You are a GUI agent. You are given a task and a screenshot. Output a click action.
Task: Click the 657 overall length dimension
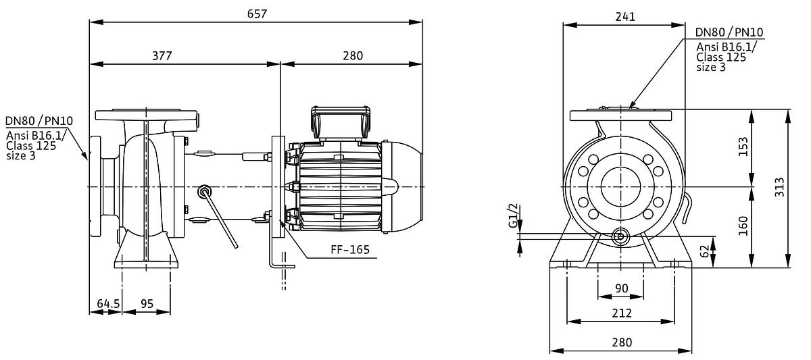coord(257,14)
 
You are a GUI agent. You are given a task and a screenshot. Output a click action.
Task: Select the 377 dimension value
coord(162,55)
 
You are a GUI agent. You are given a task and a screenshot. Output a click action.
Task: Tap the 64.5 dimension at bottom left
coord(108,303)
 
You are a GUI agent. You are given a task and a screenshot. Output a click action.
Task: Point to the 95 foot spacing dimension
coord(147,303)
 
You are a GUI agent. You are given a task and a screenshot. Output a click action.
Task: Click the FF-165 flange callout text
coord(350,250)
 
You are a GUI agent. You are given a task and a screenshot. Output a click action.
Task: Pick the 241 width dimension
coord(625,17)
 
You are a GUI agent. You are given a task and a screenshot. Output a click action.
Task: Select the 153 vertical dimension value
coord(743,147)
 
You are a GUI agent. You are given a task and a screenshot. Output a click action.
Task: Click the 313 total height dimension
coord(779,187)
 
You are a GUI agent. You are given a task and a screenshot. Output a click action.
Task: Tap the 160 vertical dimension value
coord(743,226)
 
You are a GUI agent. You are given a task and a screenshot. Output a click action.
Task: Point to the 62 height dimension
coord(704,251)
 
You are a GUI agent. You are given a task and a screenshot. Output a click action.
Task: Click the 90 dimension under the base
coord(622,288)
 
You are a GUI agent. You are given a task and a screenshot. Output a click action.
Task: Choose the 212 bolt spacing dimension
coord(622,313)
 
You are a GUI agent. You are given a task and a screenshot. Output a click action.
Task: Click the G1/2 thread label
coord(513,216)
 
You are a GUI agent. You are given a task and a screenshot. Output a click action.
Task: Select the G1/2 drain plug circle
coord(620,236)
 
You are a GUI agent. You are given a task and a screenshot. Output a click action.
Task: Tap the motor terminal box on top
coord(341,123)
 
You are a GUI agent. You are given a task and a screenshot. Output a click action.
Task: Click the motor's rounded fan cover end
coord(402,186)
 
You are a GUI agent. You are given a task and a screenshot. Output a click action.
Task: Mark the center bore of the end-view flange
coord(621,186)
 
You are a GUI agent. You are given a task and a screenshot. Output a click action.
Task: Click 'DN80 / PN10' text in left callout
coord(39,120)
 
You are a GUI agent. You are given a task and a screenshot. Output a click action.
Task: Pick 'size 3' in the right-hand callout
coord(711,68)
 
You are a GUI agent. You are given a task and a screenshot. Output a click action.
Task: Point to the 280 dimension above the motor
coord(353,55)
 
